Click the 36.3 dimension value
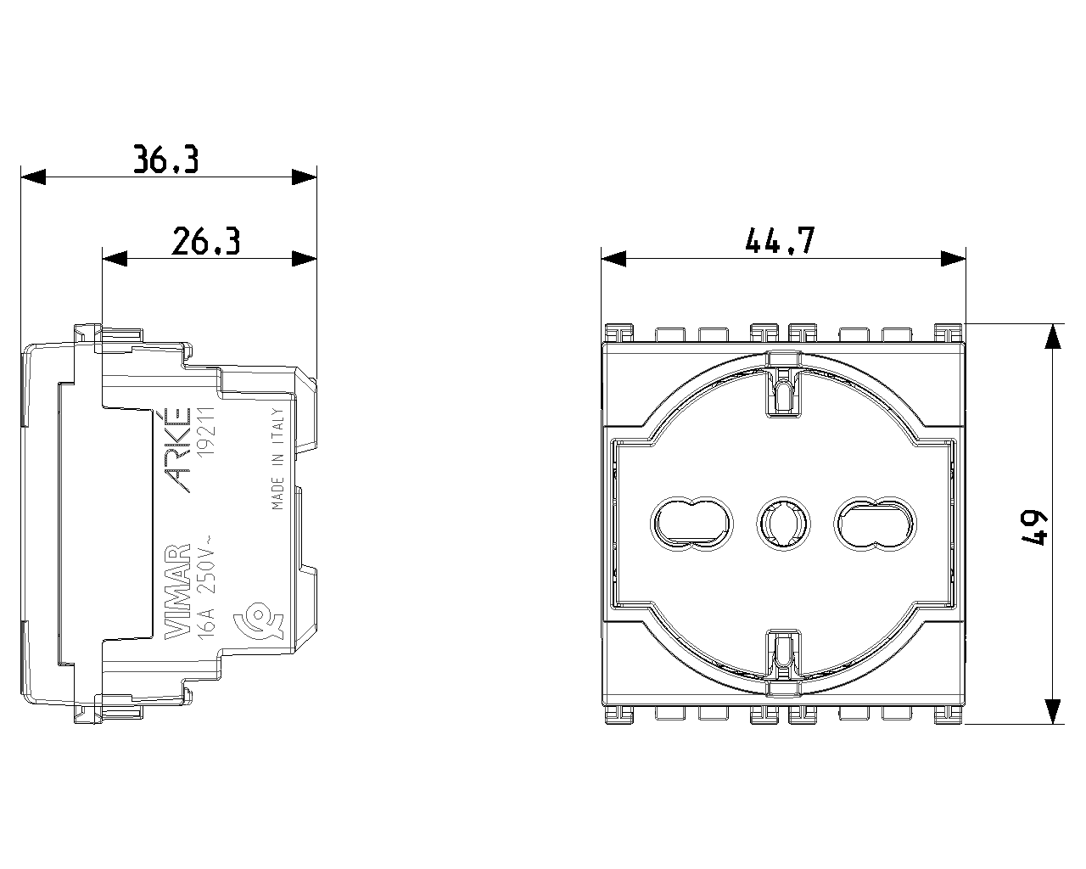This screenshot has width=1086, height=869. (x=166, y=159)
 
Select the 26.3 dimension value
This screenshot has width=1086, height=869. (x=206, y=241)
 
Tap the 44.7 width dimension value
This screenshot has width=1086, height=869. (x=780, y=241)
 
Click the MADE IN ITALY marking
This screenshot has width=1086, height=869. (x=277, y=467)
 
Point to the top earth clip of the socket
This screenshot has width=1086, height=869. (x=785, y=390)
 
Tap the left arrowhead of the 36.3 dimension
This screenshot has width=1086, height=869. (x=32, y=177)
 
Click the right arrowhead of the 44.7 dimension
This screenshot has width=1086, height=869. (x=954, y=259)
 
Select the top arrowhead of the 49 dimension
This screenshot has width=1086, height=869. (x=1052, y=337)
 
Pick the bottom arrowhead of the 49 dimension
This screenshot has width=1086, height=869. (x=1052, y=711)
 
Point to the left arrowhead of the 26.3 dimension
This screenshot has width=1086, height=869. (x=115, y=259)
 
